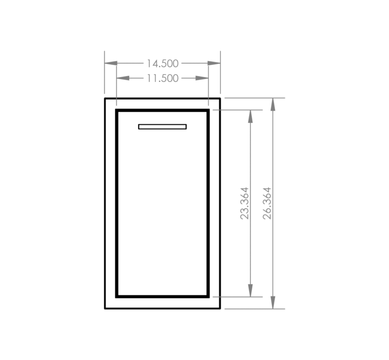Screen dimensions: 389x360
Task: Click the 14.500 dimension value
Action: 163,63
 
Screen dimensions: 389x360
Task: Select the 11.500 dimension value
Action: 163,78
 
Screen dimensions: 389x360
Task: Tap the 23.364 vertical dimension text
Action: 245,203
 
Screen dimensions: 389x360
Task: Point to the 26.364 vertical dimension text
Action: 267,203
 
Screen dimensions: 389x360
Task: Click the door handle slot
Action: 163,127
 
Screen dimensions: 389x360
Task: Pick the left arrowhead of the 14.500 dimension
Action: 111,63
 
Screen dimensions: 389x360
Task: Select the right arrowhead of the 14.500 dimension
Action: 214,63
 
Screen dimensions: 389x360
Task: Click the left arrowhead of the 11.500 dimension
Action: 123,78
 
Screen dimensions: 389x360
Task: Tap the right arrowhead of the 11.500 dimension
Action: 202,78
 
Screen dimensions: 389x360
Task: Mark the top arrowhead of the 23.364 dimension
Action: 250,116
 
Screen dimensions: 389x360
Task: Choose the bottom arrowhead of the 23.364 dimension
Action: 250,290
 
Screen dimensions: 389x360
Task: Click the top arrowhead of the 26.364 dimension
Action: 273,104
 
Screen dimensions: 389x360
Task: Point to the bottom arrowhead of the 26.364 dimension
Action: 273,302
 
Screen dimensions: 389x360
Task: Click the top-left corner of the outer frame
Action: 105,98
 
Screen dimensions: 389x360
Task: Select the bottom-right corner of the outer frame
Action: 220,308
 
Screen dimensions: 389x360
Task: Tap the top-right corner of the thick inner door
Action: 209,109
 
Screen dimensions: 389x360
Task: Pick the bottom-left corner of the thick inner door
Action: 116,297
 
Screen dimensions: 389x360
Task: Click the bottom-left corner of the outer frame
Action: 105,308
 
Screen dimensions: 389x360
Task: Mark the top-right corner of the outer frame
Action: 220,98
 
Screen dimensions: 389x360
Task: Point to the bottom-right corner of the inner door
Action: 209,297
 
